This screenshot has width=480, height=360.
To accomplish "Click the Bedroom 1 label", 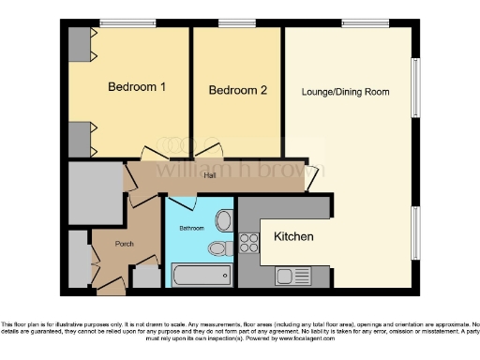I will (x=137, y=87).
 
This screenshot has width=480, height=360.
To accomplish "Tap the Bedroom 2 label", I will (x=238, y=91).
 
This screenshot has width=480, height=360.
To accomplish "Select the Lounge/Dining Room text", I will (x=345, y=92).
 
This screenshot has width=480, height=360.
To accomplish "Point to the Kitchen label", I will (x=293, y=236).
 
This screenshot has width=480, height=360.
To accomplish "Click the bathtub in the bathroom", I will (x=201, y=275).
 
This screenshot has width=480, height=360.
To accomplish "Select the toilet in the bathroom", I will (x=218, y=248).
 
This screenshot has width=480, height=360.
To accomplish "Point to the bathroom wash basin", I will (x=223, y=221).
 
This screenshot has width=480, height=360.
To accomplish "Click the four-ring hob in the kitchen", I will (x=249, y=243).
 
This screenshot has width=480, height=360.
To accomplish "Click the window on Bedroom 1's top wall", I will (x=128, y=23).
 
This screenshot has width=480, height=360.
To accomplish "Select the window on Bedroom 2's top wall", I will (x=236, y=23).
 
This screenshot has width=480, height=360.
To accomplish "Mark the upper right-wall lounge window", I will (x=415, y=89).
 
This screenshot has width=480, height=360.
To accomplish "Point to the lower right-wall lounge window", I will (x=415, y=234).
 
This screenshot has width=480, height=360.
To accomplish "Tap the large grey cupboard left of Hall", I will (x=95, y=194).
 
